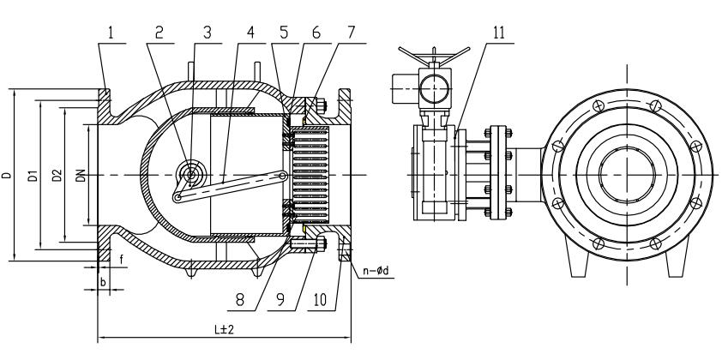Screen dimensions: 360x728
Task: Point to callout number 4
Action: [250, 33]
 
